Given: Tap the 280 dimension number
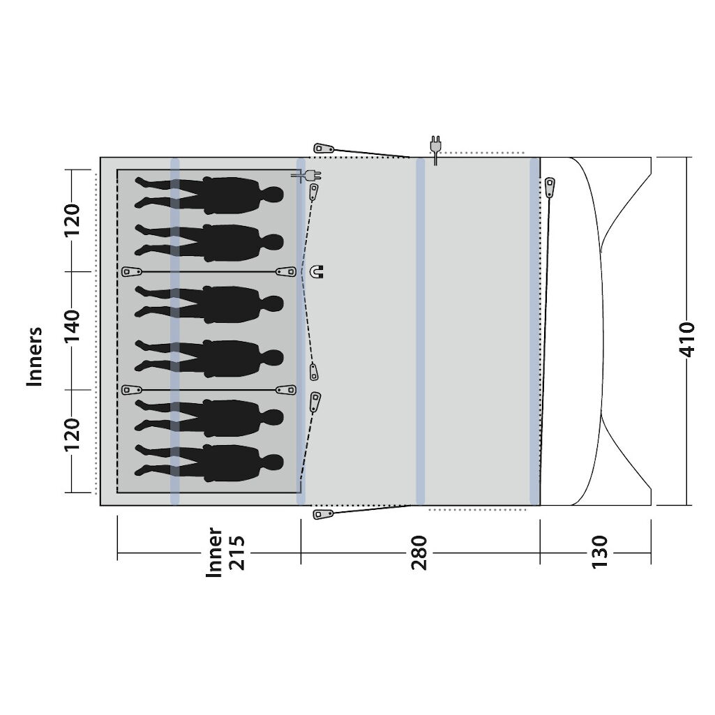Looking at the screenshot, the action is click(x=419, y=552).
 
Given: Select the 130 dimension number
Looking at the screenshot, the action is click(x=600, y=552).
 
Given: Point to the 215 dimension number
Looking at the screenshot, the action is click(x=236, y=552).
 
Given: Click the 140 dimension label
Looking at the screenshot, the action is click(x=72, y=326).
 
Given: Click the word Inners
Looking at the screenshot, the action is click(x=34, y=356).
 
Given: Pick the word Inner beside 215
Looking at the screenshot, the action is click(x=214, y=552).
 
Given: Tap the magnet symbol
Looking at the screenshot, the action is click(x=316, y=272).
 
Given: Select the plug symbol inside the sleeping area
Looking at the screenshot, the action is click(x=306, y=176).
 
